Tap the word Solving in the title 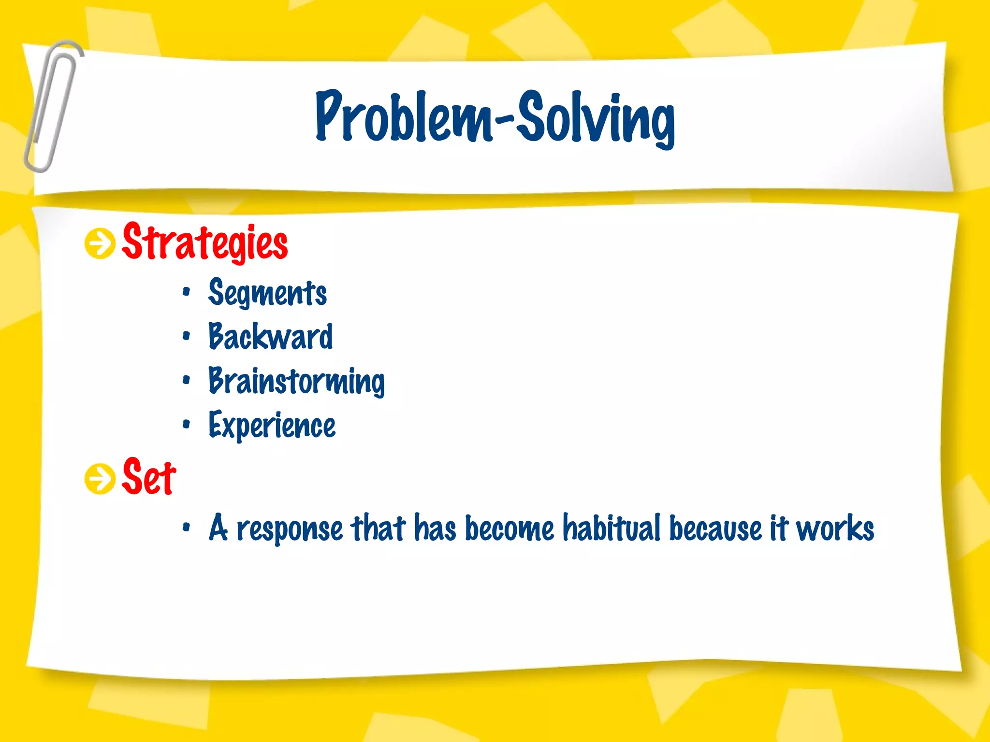coord(596,118)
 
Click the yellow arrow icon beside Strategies coord(100,243)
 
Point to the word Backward coord(271,337)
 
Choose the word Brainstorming coord(296,381)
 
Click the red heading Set coord(149,477)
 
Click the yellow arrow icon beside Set coord(100,479)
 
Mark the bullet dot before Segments coord(187,292)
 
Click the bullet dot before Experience coord(187,425)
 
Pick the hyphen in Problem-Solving coord(504,119)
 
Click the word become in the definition coord(509,528)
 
